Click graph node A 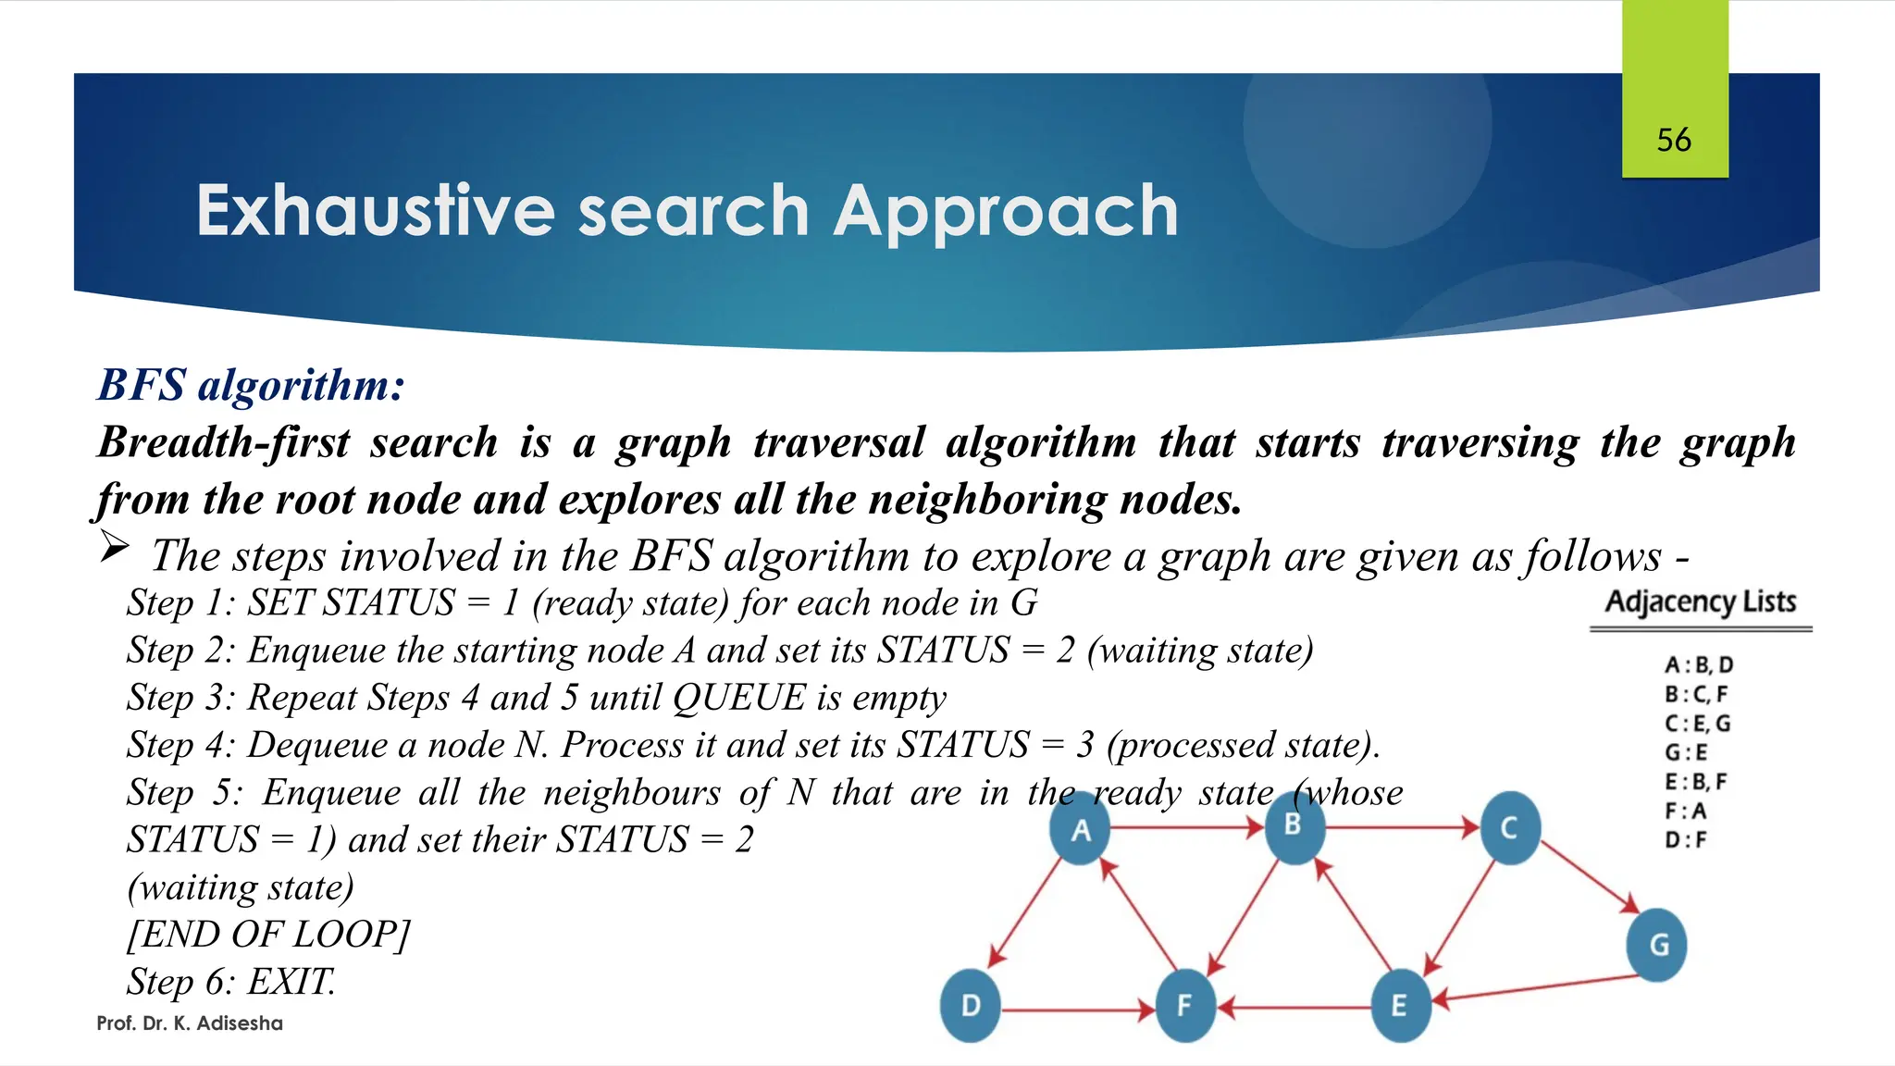(x=1080, y=828)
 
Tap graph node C (x=1509, y=827)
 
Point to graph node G (x=1657, y=945)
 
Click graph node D (x=971, y=1006)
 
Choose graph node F (x=1185, y=1006)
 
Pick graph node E (x=1400, y=1006)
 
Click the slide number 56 (x=1674, y=140)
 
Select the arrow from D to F (x=1078, y=1010)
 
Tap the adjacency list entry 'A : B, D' (x=1699, y=664)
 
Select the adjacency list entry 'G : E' (x=1686, y=752)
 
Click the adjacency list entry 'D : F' (x=1686, y=840)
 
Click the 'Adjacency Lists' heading (x=1701, y=601)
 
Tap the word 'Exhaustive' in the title (x=376, y=211)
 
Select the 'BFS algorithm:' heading (x=252, y=385)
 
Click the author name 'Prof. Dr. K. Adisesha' (x=190, y=1023)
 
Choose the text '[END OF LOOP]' (x=268, y=935)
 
